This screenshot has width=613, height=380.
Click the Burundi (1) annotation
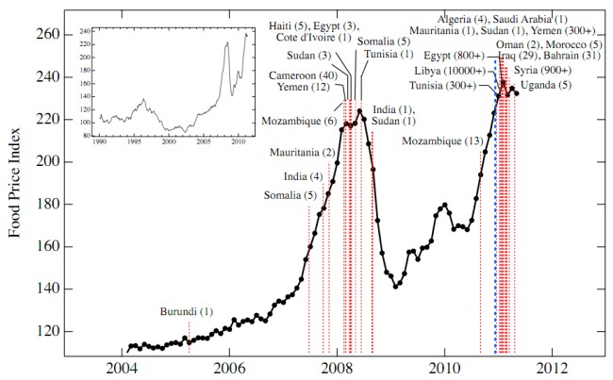pyautogui.click(x=186, y=311)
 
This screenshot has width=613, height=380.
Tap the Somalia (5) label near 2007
pyautogui.click(x=290, y=195)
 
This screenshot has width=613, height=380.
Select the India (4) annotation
pyautogui.click(x=302, y=176)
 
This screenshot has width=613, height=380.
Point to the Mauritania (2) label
pyautogui.click(x=302, y=153)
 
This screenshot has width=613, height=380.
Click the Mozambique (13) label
pyautogui.click(x=438, y=141)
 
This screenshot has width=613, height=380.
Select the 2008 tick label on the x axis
pyautogui.click(x=337, y=367)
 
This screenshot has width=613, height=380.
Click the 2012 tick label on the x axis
pyautogui.click(x=552, y=367)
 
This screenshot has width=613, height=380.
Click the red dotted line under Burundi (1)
pyautogui.click(x=189, y=332)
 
